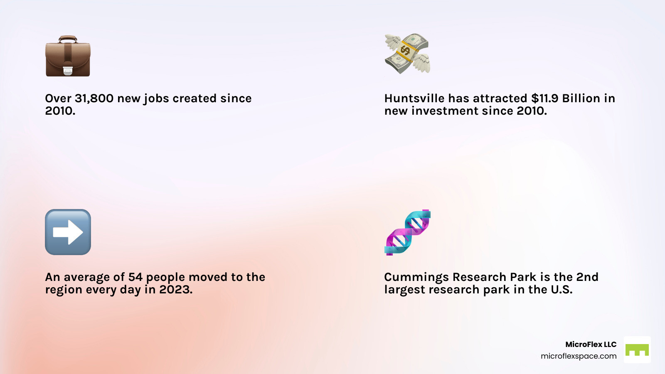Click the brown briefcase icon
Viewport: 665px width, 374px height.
point(68,56)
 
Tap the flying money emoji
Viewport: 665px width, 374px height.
point(407,54)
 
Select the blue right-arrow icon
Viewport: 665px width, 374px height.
point(68,232)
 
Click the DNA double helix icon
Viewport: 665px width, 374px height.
point(407,232)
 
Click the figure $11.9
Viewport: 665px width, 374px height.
point(545,98)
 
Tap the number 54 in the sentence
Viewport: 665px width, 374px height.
point(135,277)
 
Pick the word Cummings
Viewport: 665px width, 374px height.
point(416,277)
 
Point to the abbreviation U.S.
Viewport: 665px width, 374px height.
point(562,290)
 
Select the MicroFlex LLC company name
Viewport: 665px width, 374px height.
point(591,344)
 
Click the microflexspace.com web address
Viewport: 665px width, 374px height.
point(579,356)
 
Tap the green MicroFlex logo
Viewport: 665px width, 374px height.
point(637,350)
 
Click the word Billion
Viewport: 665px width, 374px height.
point(581,98)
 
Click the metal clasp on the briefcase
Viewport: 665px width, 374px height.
point(68,71)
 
